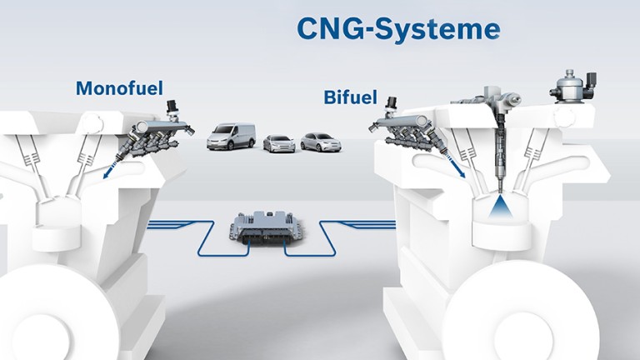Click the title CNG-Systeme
tap(398, 29)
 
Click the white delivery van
tap(231, 136)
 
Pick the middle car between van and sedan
tap(279, 143)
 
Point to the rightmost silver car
tap(321, 142)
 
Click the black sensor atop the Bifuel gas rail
tap(389, 106)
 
